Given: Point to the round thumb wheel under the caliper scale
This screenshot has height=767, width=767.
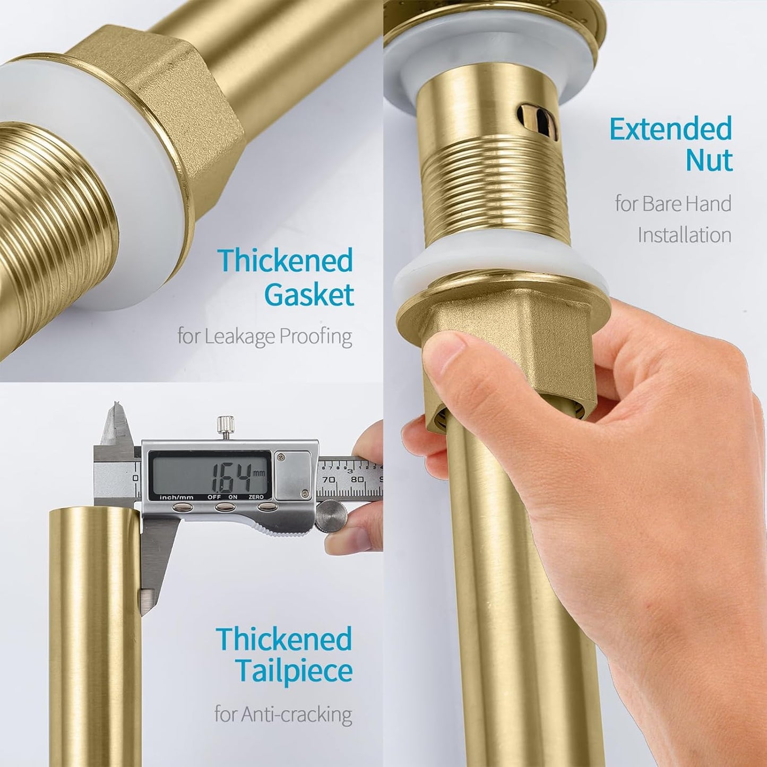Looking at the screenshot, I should pos(331,515).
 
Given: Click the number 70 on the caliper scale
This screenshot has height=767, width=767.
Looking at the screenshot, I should pos(329,479).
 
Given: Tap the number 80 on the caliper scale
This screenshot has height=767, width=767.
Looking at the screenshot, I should pos(357,479).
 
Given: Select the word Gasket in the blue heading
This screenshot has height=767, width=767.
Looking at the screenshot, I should pos(309,296).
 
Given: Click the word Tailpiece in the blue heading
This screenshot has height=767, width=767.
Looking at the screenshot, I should pos(294,671).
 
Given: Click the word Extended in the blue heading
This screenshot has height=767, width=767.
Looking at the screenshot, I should pos(670,129).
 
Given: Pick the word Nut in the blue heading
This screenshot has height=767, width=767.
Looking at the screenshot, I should pos(709,160).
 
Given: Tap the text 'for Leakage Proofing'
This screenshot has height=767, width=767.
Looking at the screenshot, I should pos(264,337).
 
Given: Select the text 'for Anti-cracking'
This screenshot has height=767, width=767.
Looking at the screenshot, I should pos(283,714).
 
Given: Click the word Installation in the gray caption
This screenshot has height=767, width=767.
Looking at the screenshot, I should pos(684,235).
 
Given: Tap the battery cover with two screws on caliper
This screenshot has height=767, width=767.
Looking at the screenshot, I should pos(292,474).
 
